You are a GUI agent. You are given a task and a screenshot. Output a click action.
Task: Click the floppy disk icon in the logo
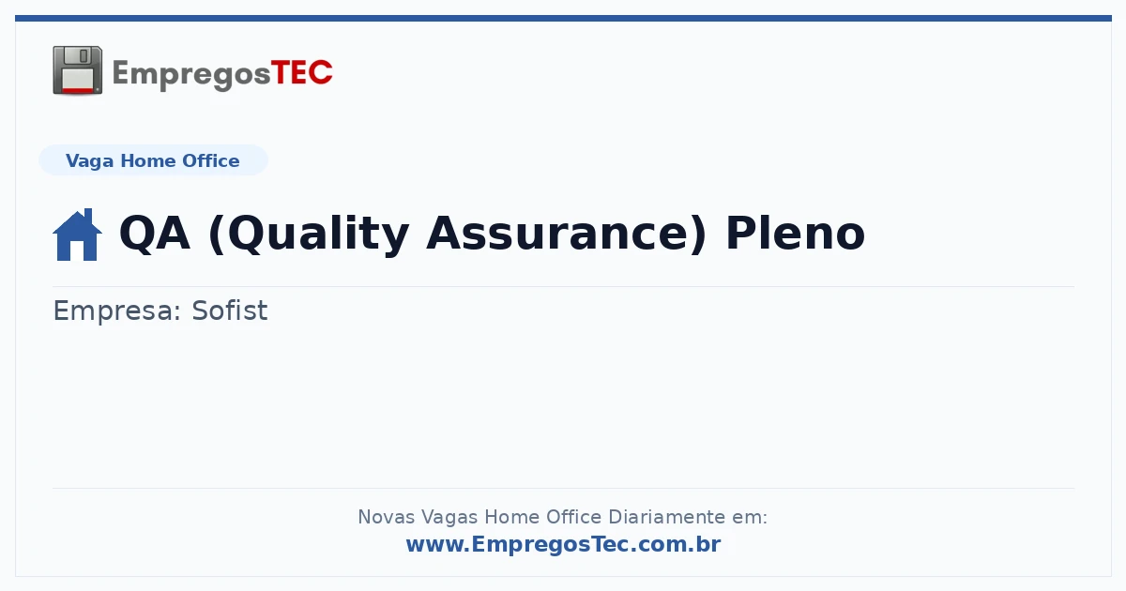[77, 70]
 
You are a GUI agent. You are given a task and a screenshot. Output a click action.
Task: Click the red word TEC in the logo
[301, 73]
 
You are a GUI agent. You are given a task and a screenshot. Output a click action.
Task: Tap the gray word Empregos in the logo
[191, 75]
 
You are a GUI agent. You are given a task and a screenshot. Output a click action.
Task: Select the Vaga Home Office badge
[153, 160]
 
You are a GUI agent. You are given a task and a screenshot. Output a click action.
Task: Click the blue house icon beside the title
[77, 235]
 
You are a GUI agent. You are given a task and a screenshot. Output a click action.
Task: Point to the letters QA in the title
[155, 234]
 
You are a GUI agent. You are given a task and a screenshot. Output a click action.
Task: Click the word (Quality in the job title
[309, 235]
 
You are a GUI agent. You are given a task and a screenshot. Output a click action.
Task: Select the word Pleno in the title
[796, 233]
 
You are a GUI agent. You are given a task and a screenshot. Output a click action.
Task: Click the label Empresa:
[117, 311]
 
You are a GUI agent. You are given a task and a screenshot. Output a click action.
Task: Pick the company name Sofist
[230, 311]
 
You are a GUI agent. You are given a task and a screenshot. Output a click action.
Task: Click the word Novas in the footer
[386, 517]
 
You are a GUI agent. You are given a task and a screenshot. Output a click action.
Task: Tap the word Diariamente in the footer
[667, 517]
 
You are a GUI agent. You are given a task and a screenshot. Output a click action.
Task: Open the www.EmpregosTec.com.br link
[564, 544]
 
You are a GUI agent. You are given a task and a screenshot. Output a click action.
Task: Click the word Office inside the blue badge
[210, 160]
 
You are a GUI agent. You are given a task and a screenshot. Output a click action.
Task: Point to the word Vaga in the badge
[89, 161]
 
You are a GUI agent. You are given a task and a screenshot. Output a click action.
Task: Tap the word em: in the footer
[750, 518]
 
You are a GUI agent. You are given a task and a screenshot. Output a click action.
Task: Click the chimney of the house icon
[88, 216]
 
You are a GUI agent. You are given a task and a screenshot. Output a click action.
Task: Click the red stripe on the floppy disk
[78, 90]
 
